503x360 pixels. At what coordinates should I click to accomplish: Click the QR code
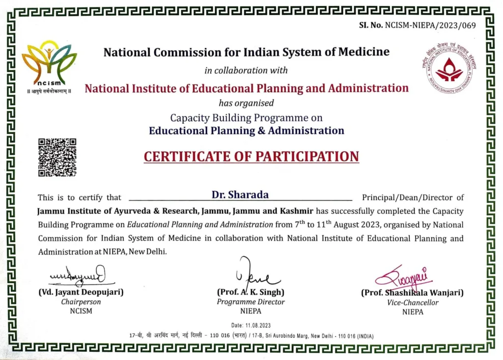57,157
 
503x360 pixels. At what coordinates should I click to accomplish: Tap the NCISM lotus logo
49,62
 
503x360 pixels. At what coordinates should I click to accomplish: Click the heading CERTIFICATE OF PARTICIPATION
251,157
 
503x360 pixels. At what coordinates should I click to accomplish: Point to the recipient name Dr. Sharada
240,194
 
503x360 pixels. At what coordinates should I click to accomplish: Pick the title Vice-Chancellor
413,303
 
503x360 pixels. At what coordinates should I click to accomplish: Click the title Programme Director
251,302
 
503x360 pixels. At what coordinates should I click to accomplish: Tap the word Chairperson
81,302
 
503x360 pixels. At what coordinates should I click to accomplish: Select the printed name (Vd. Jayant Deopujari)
81,292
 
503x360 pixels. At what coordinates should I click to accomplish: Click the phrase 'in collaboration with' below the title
246,70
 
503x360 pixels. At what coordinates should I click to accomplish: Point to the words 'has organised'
246,103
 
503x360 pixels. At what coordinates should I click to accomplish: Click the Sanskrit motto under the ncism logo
49,91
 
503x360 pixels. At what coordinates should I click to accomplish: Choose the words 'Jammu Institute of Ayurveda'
86,211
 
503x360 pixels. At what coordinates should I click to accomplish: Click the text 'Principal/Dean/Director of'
413,197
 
